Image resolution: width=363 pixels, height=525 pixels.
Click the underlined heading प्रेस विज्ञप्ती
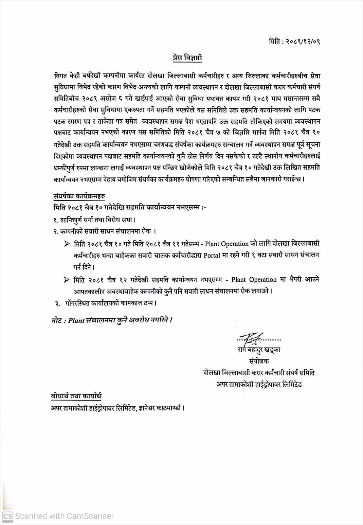187,58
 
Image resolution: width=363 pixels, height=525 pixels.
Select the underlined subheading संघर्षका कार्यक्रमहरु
79,196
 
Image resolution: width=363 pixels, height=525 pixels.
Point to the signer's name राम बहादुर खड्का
259,350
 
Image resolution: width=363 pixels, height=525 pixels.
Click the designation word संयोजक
259,361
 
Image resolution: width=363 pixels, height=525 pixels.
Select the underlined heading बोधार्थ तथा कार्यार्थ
76,396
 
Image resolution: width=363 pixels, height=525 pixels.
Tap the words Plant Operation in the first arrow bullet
227,244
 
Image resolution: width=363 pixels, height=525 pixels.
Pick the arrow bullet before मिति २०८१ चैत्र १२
67,280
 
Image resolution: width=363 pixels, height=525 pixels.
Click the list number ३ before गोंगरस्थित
57,303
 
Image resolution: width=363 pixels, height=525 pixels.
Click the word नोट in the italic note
56,320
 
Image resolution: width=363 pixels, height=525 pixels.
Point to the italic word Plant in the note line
76,320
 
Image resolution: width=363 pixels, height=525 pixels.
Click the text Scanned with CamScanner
65,516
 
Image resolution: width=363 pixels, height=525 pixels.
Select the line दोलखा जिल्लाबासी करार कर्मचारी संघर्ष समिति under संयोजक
259,373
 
